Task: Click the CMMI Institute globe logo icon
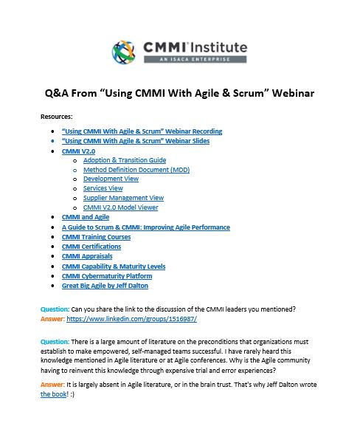(x=125, y=52)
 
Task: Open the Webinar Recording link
(x=142, y=131)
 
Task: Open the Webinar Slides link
(x=136, y=141)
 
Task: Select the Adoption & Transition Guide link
(x=125, y=160)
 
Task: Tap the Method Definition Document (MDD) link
(x=135, y=170)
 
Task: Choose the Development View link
(x=111, y=179)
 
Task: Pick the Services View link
(x=103, y=189)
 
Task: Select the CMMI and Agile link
(x=86, y=218)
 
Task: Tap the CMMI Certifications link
(x=91, y=247)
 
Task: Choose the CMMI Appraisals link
(x=87, y=256)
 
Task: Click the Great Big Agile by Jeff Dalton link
(x=105, y=285)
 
